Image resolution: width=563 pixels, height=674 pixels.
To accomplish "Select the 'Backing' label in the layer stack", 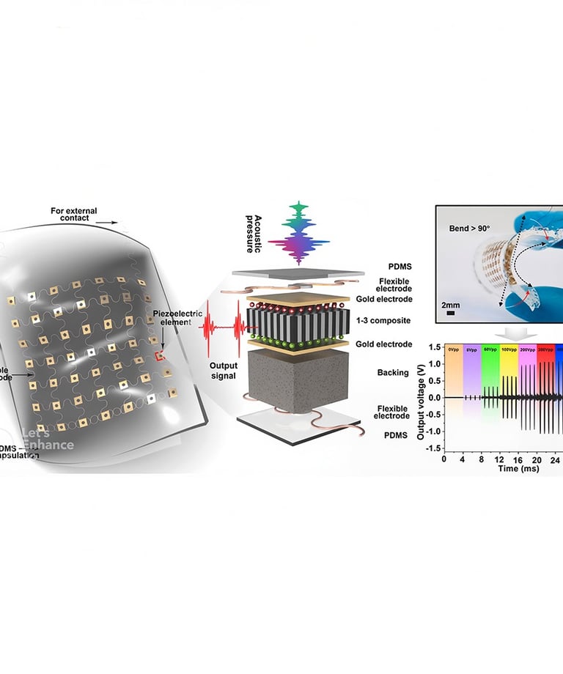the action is tap(394, 373).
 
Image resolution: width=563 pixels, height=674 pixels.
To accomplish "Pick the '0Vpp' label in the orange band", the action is tap(452, 349).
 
